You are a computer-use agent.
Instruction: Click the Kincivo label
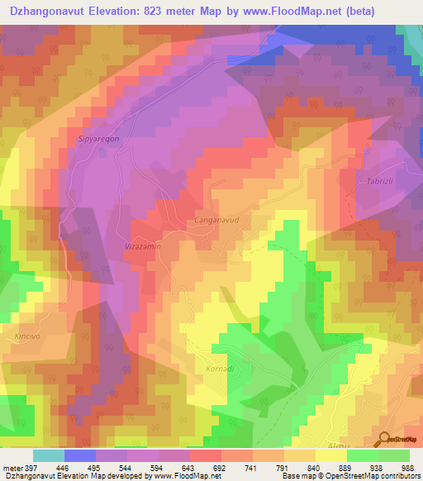28,338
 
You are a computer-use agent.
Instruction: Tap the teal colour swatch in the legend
48,455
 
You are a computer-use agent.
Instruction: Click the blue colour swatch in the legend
79,455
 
